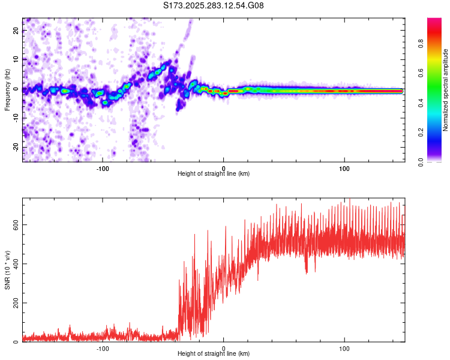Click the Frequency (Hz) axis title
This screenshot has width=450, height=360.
[x=8, y=89]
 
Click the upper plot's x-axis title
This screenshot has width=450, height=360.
[x=214, y=174]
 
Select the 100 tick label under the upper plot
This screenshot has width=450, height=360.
[x=344, y=168]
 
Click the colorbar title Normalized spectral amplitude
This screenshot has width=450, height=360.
[x=446, y=89]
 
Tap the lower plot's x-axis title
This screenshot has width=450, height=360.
[x=214, y=355]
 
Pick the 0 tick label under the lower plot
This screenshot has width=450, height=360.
[x=224, y=349]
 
